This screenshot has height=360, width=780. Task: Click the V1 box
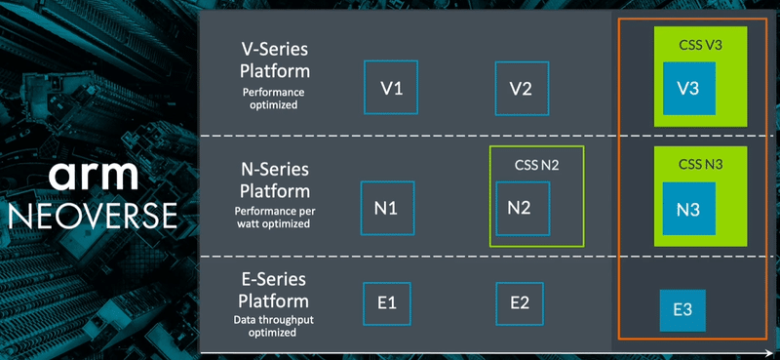click(x=391, y=89)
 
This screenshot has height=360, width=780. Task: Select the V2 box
click(x=521, y=89)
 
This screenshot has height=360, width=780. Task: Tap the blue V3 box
click(x=688, y=89)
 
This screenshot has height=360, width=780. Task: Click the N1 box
click(x=387, y=208)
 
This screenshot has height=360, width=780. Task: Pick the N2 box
click(x=522, y=208)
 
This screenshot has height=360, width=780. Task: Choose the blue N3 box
click(x=688, y=208)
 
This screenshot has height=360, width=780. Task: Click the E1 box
click(x=386, y=302)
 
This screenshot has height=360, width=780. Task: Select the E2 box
click(x=520, y=302)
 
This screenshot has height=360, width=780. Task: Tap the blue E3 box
click(x=682, y=310)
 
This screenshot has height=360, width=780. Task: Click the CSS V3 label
click(x=700, y=45)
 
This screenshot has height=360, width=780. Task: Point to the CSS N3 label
click(x=700, y=162)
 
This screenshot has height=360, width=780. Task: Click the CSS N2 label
click(x=536, y=164)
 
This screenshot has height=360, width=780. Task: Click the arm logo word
click(x=97, y=177)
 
